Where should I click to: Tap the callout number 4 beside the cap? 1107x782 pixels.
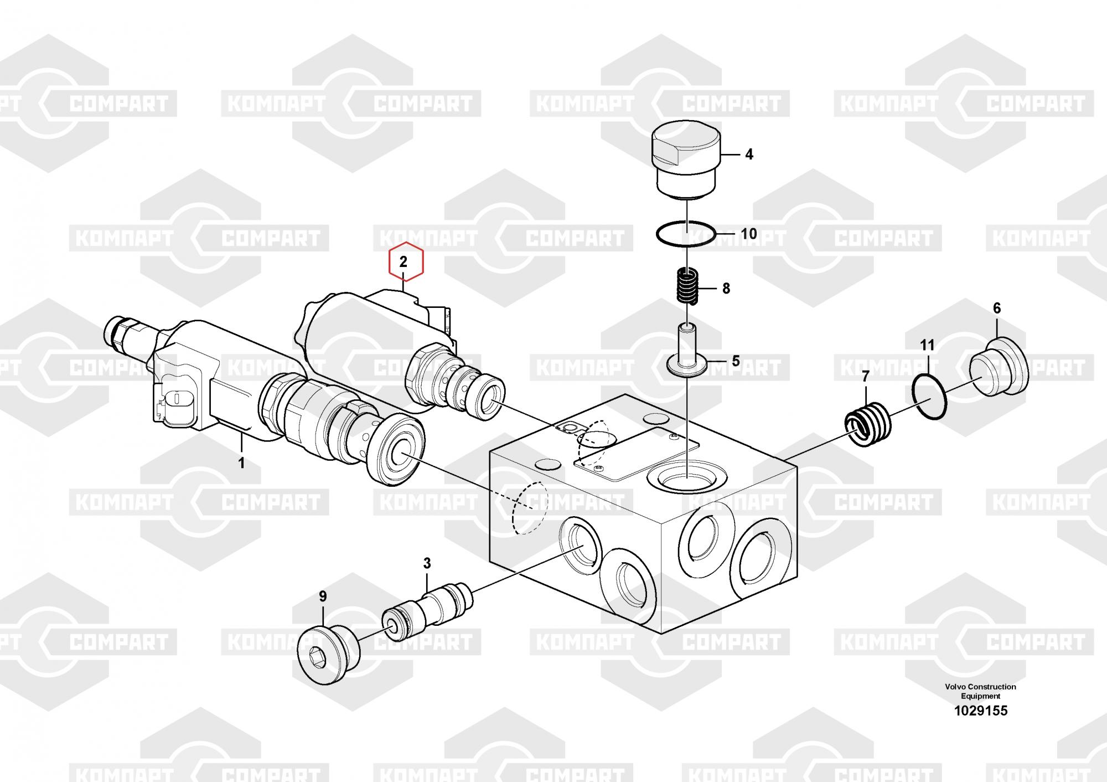click(x=749, y=155)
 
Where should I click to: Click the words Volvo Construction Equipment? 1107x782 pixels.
click(x=980, y=691)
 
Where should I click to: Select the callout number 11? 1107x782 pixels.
click(x=927, y=346)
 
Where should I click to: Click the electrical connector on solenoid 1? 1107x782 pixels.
click(x=174, y=400)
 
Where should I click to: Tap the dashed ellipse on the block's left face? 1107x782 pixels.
click(x=529, y=507)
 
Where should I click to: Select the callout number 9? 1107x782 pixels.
click(x=323, y=597)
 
